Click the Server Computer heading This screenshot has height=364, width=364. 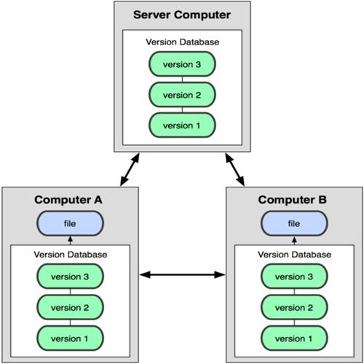182,15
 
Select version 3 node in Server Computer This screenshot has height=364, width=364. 182,64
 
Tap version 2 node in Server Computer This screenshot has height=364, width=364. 182,95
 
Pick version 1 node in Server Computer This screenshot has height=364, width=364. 182,125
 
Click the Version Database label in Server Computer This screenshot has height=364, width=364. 183,42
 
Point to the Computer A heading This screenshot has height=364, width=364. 68,200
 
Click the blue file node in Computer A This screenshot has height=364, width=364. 70,223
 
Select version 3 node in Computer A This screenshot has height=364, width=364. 70,276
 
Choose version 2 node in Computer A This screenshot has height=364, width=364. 70,307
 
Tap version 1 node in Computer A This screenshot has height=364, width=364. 70,338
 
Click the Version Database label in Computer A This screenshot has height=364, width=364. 71,255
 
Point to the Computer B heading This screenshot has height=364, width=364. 293,200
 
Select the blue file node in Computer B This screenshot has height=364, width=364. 294,223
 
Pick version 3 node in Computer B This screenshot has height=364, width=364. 294,276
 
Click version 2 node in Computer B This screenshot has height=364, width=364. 294,307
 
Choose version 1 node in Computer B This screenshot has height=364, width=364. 294,338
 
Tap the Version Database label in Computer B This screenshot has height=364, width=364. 294,255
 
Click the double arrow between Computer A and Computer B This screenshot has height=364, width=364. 182,275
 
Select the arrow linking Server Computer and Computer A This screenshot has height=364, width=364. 130,169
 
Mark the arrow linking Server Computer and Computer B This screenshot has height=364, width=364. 234,169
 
